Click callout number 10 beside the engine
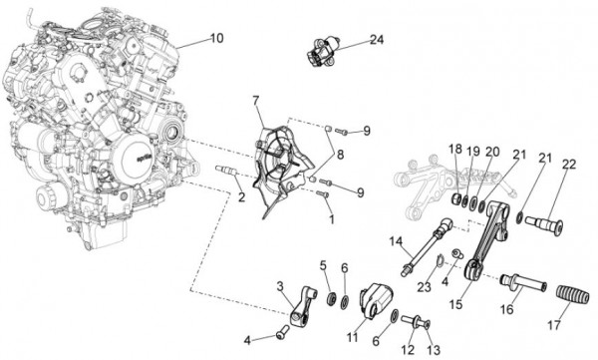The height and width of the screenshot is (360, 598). (x=216, y=38)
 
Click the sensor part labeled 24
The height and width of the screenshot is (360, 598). (x=322, y=51)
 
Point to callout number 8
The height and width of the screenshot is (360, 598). (x=340, y=155)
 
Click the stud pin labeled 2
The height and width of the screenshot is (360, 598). (x=227, y=171)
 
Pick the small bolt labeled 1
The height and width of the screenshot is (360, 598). (x=323, y=194)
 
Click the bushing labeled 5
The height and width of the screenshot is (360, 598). (x=332, y=298)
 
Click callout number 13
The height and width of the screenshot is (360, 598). (x=434, y=349)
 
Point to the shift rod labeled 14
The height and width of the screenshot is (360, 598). (x=428, y=245)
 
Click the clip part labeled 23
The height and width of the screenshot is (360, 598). (x=439, y=260)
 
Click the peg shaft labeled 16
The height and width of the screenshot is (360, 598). (x=523, y=282)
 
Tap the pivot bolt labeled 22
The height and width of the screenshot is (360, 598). (x=544, y=223)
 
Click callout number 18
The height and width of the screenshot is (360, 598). (x=454, y=149)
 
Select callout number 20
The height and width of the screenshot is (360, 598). (x=492, y=152)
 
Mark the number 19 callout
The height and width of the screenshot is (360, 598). (x=473, y=151)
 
